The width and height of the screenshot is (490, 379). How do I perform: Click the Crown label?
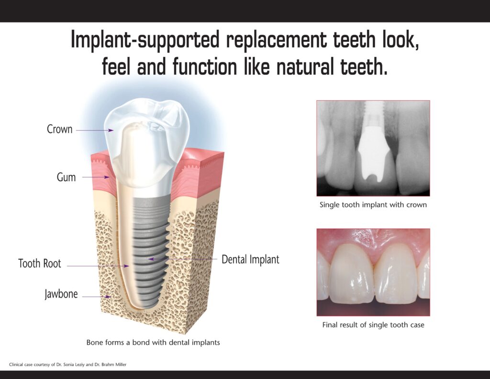tap(59, 129)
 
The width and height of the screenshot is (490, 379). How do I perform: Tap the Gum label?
tap(66, 177)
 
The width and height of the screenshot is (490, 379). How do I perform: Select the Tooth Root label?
tap(40, 264)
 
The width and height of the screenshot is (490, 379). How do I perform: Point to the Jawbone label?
tap(61, 294)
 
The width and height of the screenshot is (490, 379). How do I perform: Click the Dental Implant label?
tap(250, 259)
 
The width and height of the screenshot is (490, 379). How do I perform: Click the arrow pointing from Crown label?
tap(95, 130)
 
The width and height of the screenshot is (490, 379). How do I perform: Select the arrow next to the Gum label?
tap(96, 177)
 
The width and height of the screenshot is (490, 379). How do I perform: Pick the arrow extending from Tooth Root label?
tap(98, 266)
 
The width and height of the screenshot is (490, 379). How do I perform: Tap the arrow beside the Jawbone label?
tap(97, 297)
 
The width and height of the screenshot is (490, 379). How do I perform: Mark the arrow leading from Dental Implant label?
tap(183, 259)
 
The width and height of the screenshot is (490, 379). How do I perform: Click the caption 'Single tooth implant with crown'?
tap(373, 205)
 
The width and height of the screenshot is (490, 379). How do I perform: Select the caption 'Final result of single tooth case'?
tap(373, 325)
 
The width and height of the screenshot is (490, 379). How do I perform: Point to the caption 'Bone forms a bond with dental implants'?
tap(153, 343)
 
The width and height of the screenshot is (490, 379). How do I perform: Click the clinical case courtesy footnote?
tap(68, 365)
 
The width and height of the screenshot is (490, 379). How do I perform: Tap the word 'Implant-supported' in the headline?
tap(145, 40)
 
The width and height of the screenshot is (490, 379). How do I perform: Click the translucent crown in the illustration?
tap(147, 141)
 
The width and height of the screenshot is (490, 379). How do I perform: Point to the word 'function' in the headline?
tap(205, 67)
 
